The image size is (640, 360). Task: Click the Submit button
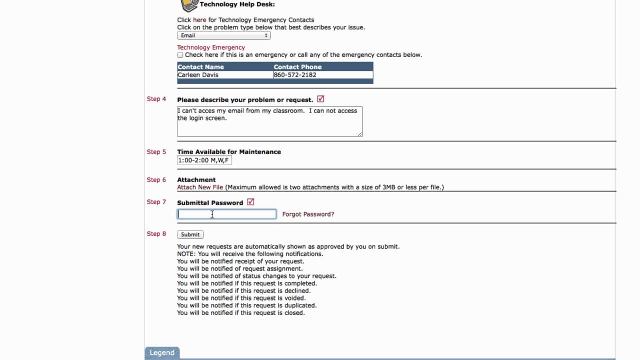coord(190,234)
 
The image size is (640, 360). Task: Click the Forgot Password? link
coord(308,214)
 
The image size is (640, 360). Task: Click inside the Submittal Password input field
coord(226,214)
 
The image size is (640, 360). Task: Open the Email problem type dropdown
coord(224,35)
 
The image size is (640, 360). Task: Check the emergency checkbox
coord(180,55)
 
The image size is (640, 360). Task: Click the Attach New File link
coord(200,187)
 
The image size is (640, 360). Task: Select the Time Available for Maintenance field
coord(204,160)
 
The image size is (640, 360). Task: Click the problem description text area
coord(269,121)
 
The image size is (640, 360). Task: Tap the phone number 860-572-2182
coord(295,75)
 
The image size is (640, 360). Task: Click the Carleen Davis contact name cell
coord(198,75)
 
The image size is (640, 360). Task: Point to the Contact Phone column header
coord(297,67)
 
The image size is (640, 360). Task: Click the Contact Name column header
coord(200,67)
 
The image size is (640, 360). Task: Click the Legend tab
coord(162,352)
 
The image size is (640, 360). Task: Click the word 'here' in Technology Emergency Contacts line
coord(199,20)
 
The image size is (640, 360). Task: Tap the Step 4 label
coord(156,99)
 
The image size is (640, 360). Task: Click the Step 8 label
coord(156,234)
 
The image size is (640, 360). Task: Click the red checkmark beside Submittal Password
coord(250,202)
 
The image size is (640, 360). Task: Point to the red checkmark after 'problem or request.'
coord(320,99)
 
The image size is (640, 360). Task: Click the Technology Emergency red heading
coord(211,47)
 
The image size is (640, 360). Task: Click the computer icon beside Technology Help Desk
coord(189,5)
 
